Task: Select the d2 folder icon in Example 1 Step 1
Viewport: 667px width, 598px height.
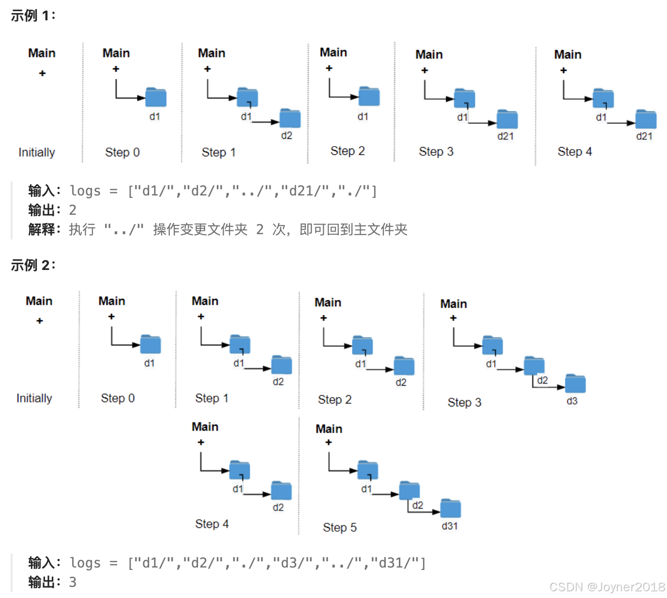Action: (x=290, y=119)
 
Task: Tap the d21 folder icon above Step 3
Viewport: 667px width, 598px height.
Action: (x=507, y=120)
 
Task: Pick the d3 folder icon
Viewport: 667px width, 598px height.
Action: (x=576, y=384)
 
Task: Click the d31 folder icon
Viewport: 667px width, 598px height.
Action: (x=451, y=508)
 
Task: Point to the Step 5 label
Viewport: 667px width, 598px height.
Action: (x=340, y=527)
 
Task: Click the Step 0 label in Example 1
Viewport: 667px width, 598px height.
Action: (x=122, y=152)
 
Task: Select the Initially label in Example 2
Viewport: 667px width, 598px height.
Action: (x=34, y=398)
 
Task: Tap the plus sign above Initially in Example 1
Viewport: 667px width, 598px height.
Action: (x=43, y=73)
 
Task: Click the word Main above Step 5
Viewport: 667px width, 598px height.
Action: (x=329, y=429)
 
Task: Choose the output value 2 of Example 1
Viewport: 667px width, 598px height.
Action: (x=73, y=210)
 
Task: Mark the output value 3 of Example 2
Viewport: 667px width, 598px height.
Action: (x=73, y=582)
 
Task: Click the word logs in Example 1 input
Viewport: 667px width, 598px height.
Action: (x=85, y=191)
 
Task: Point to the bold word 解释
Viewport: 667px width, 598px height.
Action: (x=42, y=229)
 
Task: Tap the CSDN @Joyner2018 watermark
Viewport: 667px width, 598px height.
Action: (x=607, y=587)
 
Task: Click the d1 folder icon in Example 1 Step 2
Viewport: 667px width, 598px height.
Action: (x=369, y=97)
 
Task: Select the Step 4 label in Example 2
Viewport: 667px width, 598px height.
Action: (x=212, y=524)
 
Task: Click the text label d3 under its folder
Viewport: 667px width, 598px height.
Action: (x=572, y=401)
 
